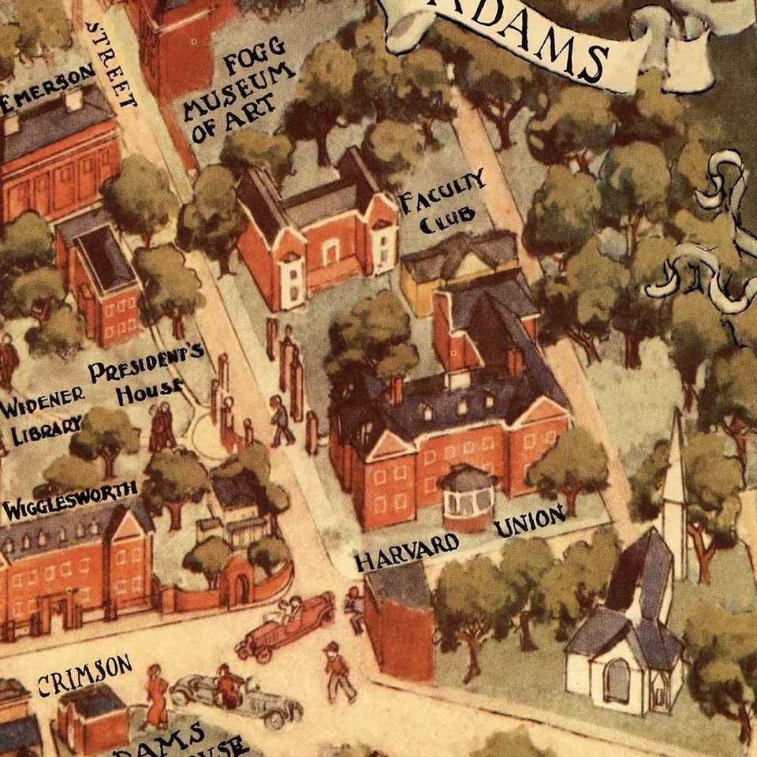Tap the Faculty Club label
pyautogui.click(x=442, y=202)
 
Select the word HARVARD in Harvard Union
pyautogui.click(x=407, y=552)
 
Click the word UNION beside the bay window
pyautogui.click(x=530, y=522)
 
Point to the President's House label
pyautogui.click(x=147, y=379)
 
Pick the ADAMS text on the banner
pyautogui.click(x=544, y=43)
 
